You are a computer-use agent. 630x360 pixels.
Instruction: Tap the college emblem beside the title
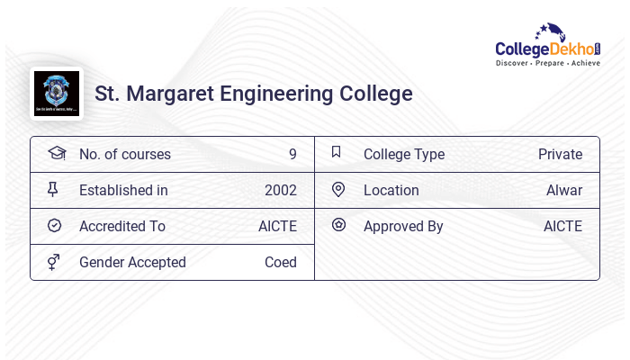point(56,94)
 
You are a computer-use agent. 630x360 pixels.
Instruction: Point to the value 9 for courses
point(292,154)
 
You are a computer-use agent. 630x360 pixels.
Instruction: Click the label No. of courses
point(124,154)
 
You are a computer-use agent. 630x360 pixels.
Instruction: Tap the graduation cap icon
point(56,153)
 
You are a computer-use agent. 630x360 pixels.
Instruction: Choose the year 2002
point(280,190)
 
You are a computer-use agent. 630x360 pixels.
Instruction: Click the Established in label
point(123,190)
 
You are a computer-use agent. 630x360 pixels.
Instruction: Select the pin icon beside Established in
point(54,189)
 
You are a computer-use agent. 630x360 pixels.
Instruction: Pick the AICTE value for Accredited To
point(277,226)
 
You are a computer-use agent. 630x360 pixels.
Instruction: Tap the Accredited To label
point(122,226)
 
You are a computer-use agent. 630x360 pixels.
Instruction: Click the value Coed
point(280,262)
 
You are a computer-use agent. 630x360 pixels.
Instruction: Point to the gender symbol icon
point(54,262)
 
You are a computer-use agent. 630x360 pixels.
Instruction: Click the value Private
point(560,154)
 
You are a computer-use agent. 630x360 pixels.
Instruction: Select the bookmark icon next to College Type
point(337,152)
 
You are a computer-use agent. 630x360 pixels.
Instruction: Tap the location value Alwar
point(563,190)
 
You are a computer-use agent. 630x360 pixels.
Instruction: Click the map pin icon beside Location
point(337,189)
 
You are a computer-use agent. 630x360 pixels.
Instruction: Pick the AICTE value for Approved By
point(562,226)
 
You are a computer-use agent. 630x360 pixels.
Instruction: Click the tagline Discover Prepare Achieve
point(547,63)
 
